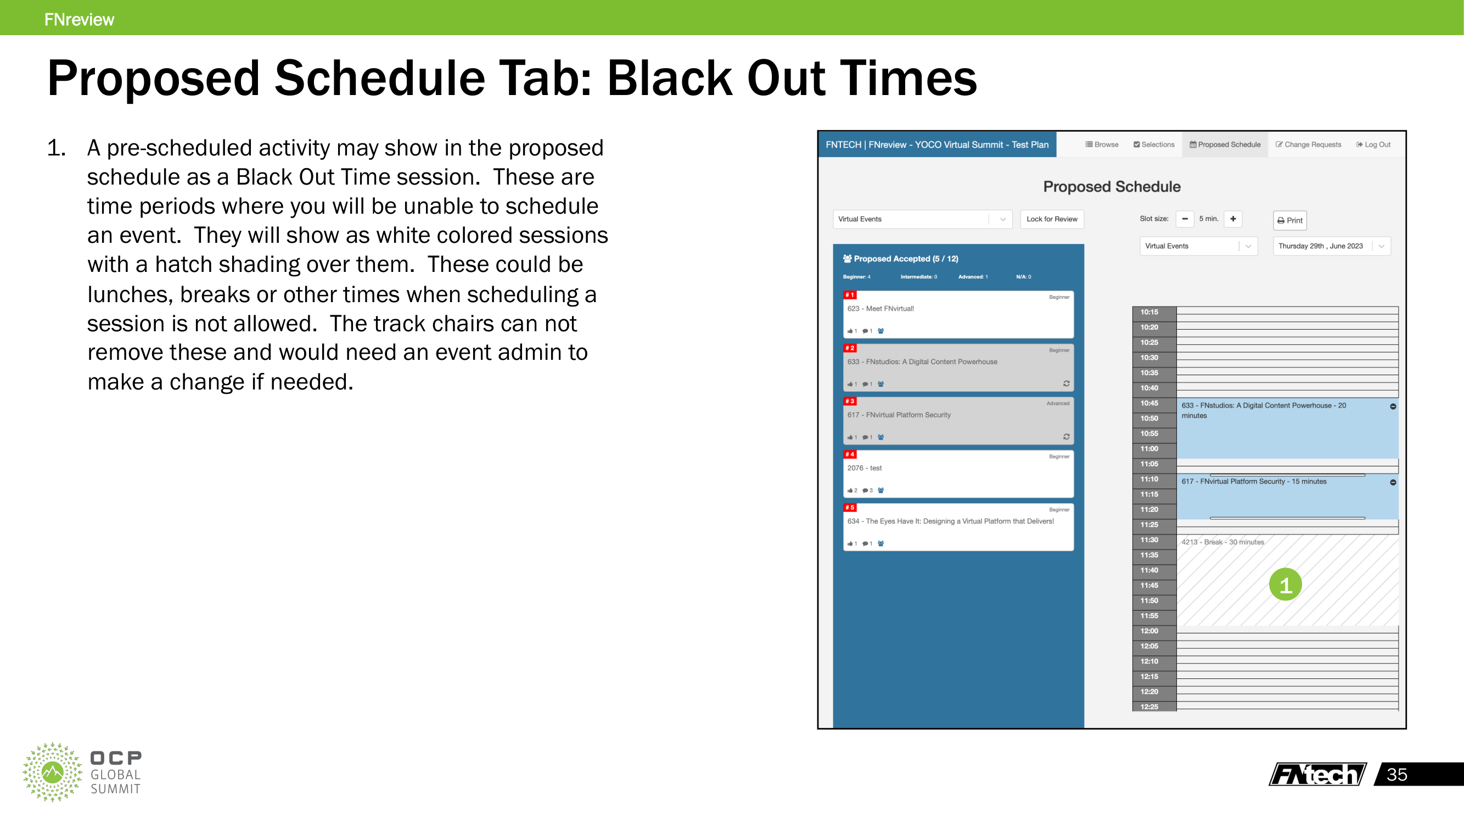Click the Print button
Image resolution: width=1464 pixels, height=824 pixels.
(x=1289, y=220)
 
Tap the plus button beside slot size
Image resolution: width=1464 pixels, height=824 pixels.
(x=1233, y=219)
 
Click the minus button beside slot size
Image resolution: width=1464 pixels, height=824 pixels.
(x=1185, y=219)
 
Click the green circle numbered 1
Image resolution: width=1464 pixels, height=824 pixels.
(x=1285, y=584)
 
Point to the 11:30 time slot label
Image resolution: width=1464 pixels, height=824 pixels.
(x=1148, y=539)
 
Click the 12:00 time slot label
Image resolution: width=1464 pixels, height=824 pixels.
(x=1148, y=631)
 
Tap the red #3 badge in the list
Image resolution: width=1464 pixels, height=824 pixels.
(x=850, y=401)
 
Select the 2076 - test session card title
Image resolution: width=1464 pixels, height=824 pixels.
(x=865, y=468)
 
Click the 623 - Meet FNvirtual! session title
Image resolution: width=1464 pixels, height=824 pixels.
(x=880, y=309)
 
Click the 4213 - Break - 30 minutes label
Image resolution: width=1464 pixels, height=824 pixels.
(x=1222, y=542)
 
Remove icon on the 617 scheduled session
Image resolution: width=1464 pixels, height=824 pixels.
(x=1393, y=482)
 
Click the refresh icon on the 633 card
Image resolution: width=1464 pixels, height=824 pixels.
(x=1066, y=384)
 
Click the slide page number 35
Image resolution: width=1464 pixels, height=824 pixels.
(x=1396, y=775)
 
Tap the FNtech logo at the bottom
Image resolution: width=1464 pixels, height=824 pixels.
(x=1317, y=775)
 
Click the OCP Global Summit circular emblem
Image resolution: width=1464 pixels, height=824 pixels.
(x=52, y=772)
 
